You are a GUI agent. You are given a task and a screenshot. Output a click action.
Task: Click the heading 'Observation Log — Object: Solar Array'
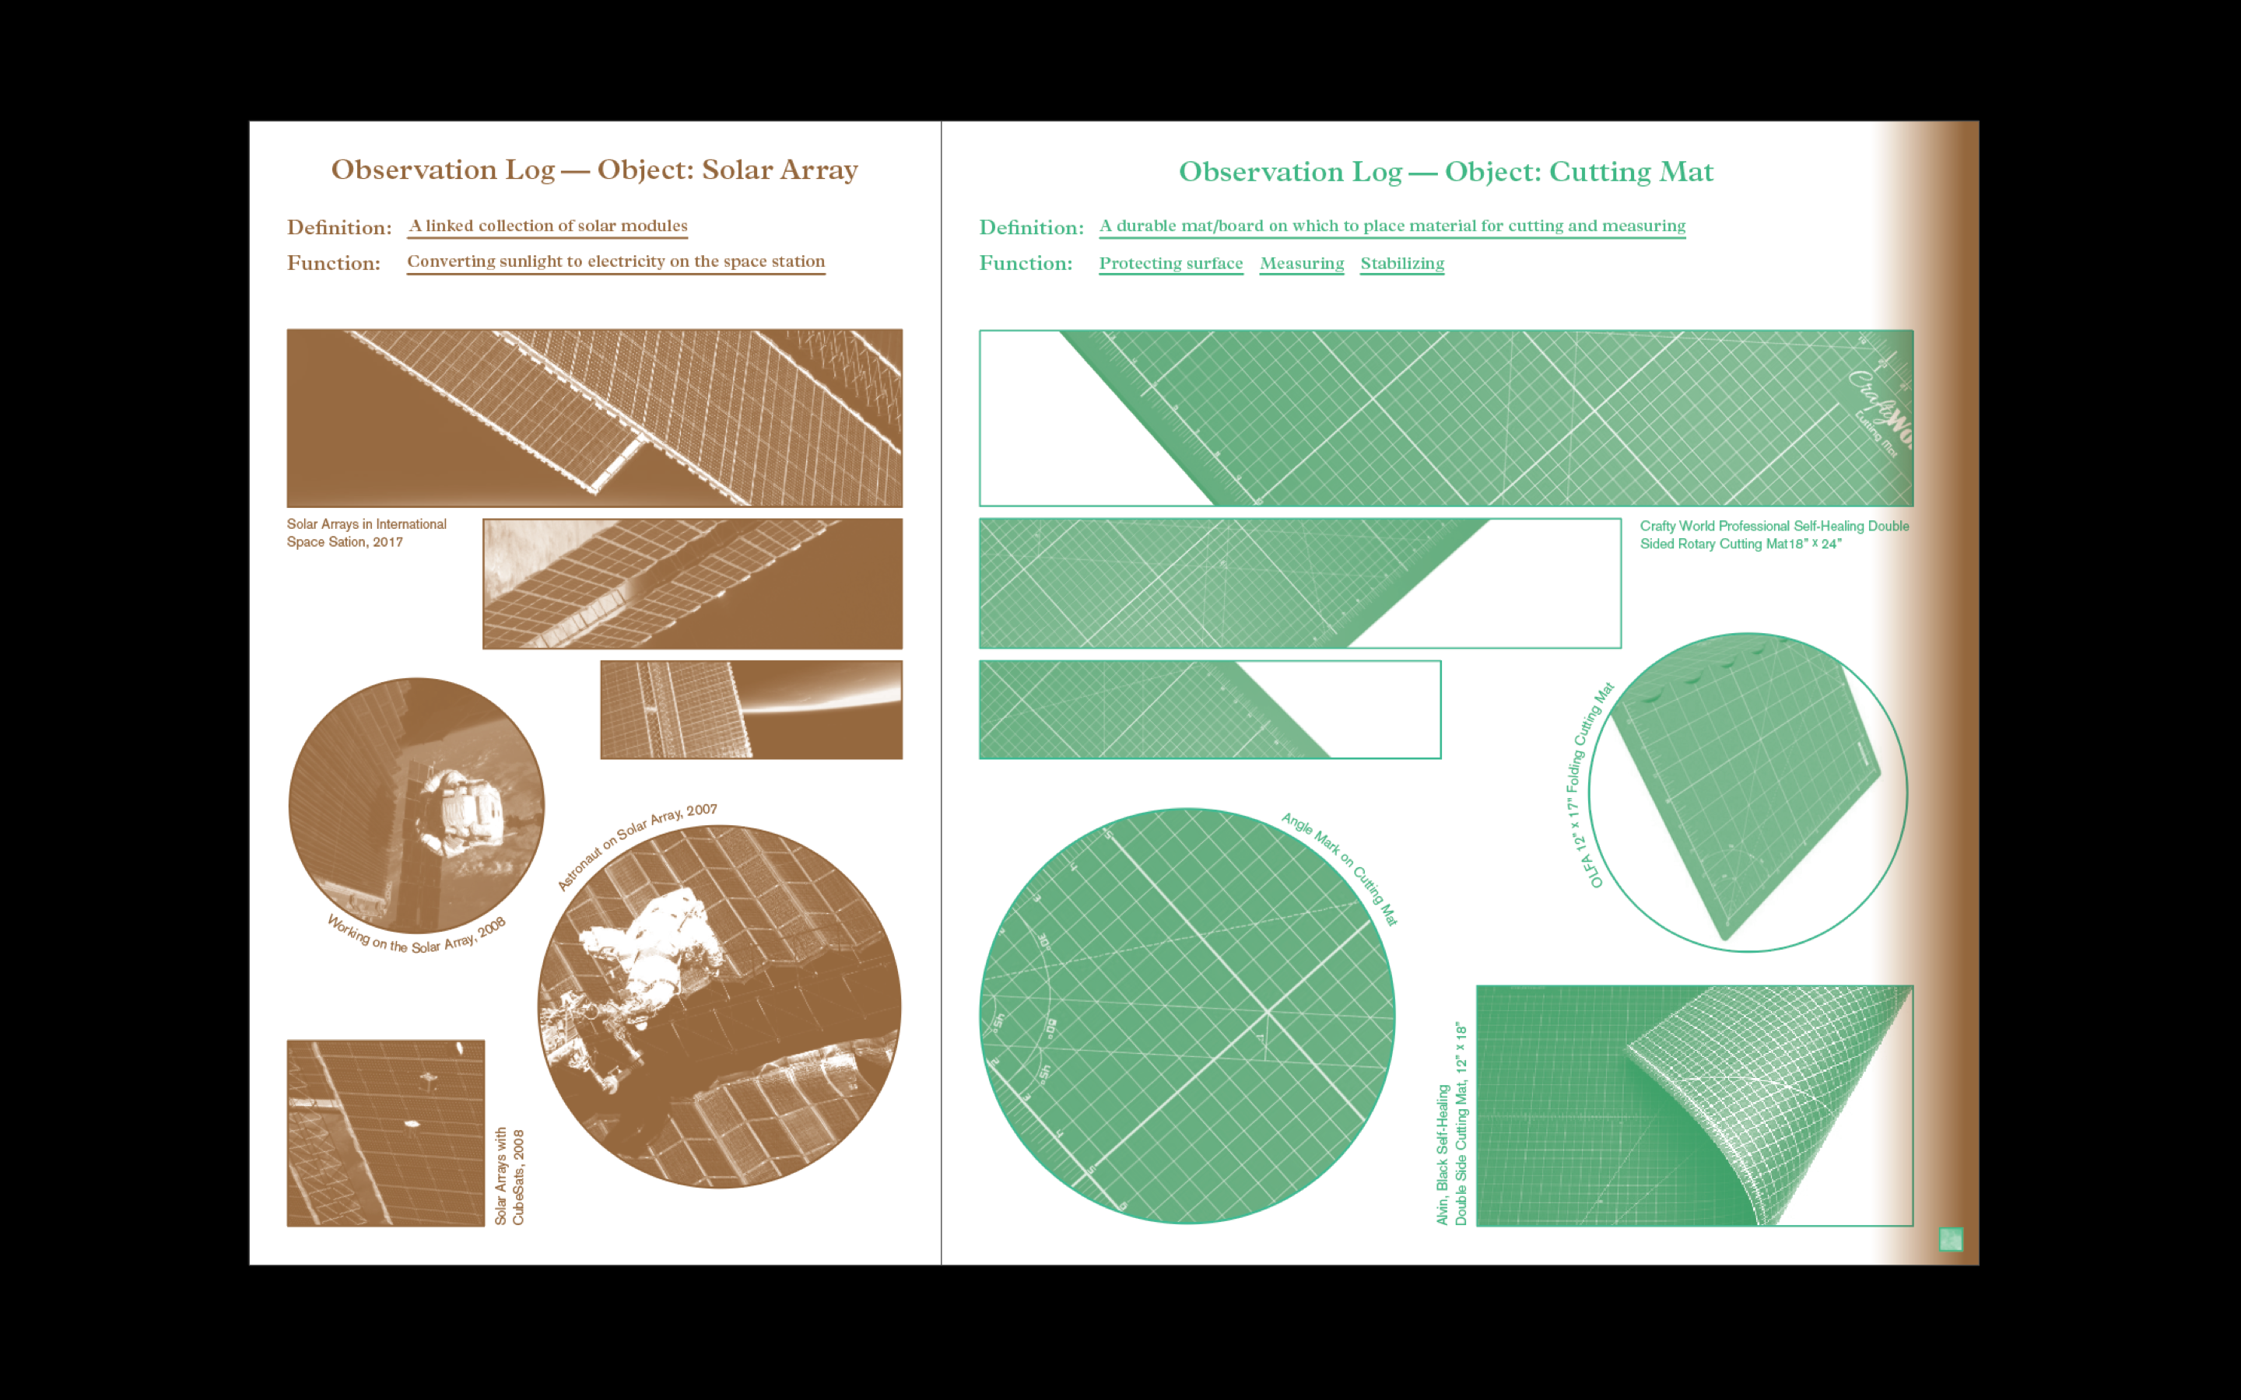(x=594, y=170)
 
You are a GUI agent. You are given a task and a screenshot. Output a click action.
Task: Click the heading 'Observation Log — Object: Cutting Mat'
(x=1446, y=171)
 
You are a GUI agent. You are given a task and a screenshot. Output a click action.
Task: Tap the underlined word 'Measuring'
(x=1301, y=263)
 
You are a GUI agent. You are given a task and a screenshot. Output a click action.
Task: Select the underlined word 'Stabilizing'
(x=1402, y=263)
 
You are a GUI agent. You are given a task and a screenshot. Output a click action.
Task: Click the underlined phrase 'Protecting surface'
(x=1170, y=263)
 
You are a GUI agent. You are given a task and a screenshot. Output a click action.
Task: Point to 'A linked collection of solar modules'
(x=549, y=226)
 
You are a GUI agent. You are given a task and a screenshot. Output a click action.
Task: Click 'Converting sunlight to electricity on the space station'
(x=615, y=261)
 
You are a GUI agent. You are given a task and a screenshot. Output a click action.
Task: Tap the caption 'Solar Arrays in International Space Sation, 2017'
(x=366, y=533)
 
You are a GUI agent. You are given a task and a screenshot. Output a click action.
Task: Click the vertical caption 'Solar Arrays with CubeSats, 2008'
(x=510, y=1176)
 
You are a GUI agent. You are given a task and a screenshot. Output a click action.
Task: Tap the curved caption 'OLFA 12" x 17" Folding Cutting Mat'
(x=1589, y=783)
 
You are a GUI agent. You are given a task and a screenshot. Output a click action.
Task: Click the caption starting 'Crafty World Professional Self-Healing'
(x=1774, y=534)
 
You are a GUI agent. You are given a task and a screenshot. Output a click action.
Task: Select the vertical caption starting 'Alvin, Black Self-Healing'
(x=1452, y=1124)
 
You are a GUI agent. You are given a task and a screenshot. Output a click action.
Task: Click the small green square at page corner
(x=1950, y=1239)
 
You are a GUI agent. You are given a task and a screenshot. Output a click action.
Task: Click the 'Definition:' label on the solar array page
(x=339, y=228)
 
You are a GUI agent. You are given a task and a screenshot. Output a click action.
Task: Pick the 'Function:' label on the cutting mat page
(x=1025, y=263)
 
